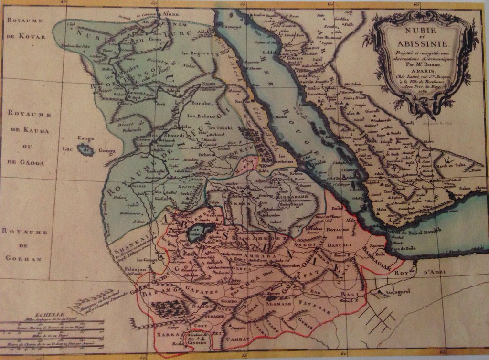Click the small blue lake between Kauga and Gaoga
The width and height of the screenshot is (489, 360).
[86, 151]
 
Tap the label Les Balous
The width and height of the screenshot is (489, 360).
[201, 116]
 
